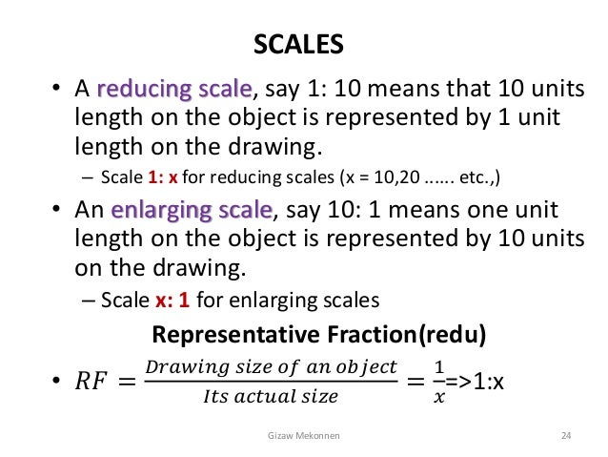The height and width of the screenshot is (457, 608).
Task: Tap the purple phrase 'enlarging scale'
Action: tap(192, 209)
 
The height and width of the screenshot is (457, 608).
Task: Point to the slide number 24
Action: tap(566, 435)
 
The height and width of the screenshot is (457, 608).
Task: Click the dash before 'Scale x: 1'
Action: tap(84, 300)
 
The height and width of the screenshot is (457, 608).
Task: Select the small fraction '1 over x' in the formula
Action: tap(438, 381)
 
